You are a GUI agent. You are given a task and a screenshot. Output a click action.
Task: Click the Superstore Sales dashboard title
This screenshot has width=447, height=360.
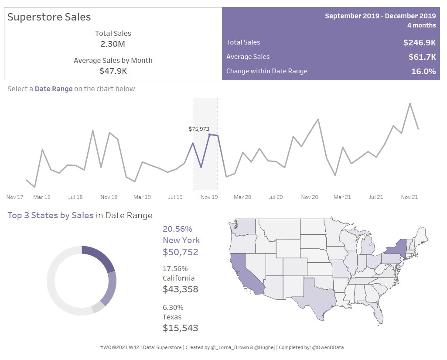[x=49, y=17]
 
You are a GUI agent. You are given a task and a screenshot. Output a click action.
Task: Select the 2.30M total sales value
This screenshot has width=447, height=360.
[x=113, y=44]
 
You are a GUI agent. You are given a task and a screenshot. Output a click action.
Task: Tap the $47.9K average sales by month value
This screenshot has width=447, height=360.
[x=113, y=71]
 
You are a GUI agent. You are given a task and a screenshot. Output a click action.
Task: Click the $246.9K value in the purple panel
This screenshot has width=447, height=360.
[x=419, y=42]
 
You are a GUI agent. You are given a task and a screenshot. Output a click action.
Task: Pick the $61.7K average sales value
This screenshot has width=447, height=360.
[x=422, y=57]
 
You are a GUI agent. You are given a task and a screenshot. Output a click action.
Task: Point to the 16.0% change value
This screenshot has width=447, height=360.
[x=423, y=71]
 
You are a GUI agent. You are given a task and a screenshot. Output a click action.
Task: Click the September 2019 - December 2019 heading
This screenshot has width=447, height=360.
[x=380, y=16]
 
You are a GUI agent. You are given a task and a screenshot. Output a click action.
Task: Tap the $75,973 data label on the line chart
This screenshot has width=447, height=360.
[x=199, y=129]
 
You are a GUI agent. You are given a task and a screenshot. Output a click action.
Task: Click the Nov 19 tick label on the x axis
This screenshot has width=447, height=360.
[x=209, y=197]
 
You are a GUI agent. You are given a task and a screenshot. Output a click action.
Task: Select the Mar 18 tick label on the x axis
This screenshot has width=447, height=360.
[x=41, y=197]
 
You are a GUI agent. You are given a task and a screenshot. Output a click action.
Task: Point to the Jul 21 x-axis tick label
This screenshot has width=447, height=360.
[x=375, y=197]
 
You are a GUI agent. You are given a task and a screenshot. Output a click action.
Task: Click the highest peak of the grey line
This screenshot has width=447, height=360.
[x=410, y=104]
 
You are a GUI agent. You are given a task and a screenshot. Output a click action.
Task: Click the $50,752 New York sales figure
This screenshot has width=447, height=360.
[x=180, y=252]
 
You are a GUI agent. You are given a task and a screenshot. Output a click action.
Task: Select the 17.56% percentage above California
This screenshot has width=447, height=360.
[x=175, y=268]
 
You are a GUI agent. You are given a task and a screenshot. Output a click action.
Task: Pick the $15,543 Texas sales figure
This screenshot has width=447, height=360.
[x=180, y=328]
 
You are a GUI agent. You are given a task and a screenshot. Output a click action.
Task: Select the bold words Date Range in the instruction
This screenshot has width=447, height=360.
[x=54, y=89]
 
